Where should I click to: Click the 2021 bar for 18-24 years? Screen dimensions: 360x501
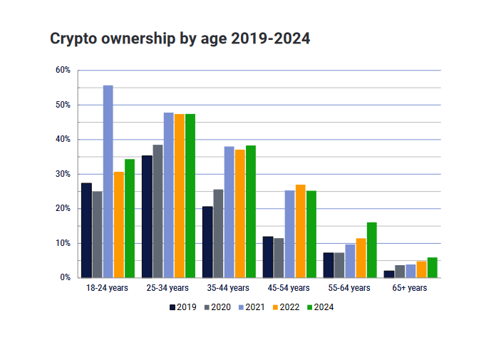coord(108,182)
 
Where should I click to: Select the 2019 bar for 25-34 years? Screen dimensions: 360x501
coord(147,217)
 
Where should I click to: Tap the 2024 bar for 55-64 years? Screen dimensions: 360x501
coord(371,250)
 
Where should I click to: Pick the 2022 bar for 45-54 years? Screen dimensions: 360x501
coord(300,231)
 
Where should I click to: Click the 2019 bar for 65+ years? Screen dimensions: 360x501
coord(388,274)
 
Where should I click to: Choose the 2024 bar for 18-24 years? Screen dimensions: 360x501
coord(129,218)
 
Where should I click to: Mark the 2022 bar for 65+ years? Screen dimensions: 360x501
coord(421,269)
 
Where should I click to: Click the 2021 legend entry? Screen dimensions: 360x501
coord(251,307)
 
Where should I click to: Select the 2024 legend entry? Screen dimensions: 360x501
coord(319,307)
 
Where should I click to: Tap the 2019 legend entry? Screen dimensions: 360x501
coord(182,307)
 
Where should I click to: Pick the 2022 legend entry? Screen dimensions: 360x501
coord(285,307)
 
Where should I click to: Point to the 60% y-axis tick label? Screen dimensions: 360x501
coord(63,70)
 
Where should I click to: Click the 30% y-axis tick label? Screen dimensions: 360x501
coord(63,174)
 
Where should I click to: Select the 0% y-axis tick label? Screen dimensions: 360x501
coord(65,277)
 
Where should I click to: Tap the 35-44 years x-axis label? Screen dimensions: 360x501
coord(229,289)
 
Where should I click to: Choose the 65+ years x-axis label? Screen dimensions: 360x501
coord(410,289)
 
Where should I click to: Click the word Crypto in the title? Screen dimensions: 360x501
coord(72,39)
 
